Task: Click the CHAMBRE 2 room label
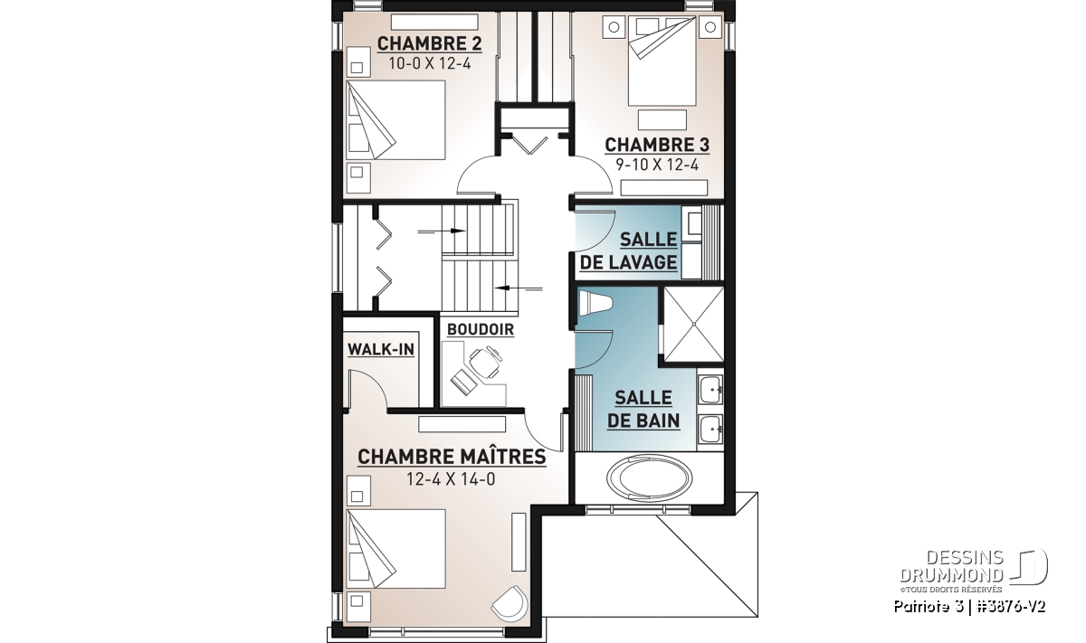[x=430, y=43]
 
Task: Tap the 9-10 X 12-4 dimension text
[x=657, y=165]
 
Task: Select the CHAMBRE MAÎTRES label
[x=452, y=457]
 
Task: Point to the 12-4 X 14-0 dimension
[x=451, y=479]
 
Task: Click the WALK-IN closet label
[x=381, y=349]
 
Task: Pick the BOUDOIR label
[x=481, y=329]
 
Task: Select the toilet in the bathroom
[x=595, y=303]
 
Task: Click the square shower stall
[x=693, y=324]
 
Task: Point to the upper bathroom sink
[x=710, y=390]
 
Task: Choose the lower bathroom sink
[x=710, y=429]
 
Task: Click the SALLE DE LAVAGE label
[x=629, y=251]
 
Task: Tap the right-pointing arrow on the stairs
[x=442, y=232]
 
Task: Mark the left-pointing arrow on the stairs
[x=519, y=288]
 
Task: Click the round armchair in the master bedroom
[x=510, y=602]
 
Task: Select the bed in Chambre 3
[x=662, y=61]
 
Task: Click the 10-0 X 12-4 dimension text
[x=430, y=64]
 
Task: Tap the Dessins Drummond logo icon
[x=1028, y=566]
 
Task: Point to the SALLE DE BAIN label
[x=643, y=410]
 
